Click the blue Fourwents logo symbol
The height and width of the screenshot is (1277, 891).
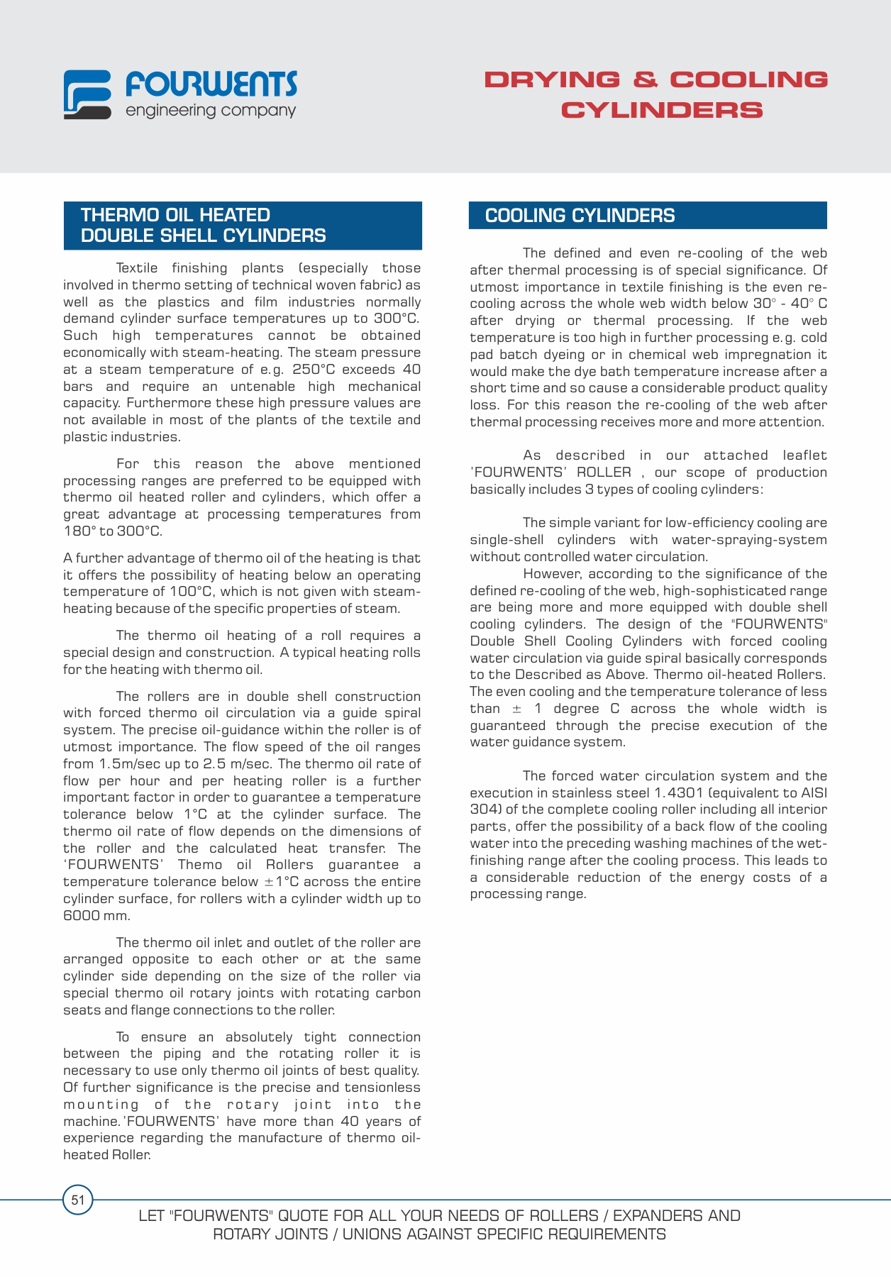click(x=87, y=94)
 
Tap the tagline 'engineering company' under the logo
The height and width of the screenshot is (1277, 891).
click(x=211, y=111)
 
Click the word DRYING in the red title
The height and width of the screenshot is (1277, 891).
click(x=551, y=79)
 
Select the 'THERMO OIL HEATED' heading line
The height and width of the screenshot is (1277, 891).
click(x=175, y=215)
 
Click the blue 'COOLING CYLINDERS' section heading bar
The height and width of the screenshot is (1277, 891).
click(x=647, y=216)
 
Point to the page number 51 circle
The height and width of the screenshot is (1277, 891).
click(x=78, y=1200)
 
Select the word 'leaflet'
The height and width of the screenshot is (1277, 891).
click(x=804, y=455)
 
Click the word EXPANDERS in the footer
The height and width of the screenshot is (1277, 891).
click(x=660, y=1216)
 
